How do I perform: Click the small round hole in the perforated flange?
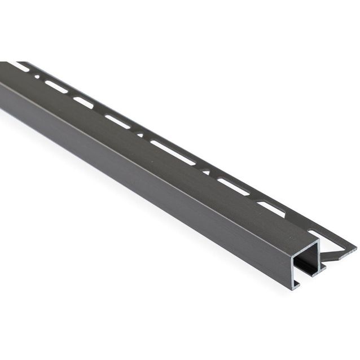tap(37, 75)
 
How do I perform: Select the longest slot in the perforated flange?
tap(173, 152)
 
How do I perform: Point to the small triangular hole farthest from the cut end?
tap(139, 134)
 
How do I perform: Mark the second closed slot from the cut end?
tap(232, 187)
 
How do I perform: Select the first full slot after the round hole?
tap(56, 86)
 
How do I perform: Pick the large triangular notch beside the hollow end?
tap(333, 248)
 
